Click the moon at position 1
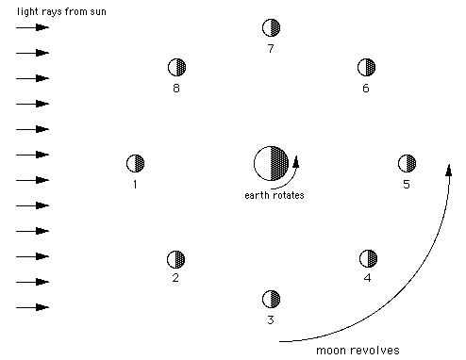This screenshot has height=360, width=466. coord(135,163)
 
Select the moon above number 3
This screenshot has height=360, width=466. coord(271,299)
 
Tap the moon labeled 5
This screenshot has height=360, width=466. coord(407,163)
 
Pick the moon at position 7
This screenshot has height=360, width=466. coord(271,27)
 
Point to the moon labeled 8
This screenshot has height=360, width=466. coord(177,67)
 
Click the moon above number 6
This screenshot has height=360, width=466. coord(367,67)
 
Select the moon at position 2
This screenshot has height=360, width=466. coord(176,259)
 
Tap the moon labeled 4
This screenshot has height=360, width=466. coord(368,258)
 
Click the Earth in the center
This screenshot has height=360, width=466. coord(271,163)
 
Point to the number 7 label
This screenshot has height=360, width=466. coord(271,49)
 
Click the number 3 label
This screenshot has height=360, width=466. coord(271,319)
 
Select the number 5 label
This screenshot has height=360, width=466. coord(407,184)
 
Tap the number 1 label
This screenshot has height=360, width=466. coord(135,184)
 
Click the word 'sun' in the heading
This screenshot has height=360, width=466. coord(98,12)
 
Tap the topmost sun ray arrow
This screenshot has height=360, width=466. coord(32,27)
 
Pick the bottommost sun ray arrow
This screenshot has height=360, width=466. coord(32,307)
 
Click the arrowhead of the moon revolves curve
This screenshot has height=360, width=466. coord(449,171)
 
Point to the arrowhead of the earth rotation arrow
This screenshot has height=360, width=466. coord(296,161)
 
